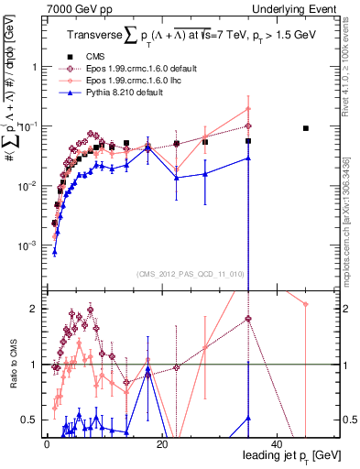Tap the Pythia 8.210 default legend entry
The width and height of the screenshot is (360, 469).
121,93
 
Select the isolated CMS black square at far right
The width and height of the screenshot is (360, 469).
306,128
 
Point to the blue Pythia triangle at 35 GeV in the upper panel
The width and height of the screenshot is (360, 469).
248,158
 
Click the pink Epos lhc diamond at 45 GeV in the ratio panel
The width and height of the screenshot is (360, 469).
306,304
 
